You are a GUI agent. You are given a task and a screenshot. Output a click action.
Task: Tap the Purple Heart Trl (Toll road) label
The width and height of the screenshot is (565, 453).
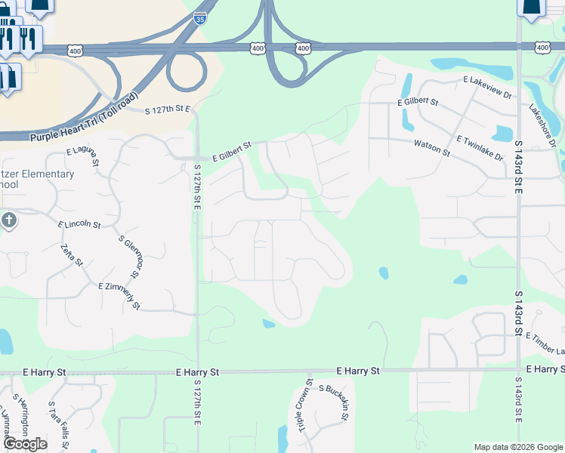85,118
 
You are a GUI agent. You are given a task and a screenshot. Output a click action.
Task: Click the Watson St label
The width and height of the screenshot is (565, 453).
431,148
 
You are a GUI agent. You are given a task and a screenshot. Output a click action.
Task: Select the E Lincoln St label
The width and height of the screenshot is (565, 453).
79,224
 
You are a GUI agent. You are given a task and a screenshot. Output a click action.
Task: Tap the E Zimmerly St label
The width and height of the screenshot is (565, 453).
119,295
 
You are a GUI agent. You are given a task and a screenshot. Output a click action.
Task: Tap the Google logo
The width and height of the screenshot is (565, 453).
25,444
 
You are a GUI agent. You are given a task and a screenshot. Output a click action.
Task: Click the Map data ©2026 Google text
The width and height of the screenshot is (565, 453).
517,447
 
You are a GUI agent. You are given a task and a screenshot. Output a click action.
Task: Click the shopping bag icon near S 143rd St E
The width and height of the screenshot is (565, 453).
532,6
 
